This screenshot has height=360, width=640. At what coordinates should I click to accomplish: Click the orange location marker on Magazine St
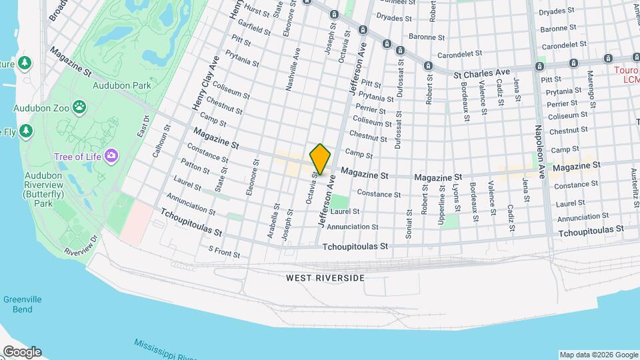[x=321, y=159]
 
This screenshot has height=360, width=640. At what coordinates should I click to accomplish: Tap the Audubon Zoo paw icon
[x=79, y=107]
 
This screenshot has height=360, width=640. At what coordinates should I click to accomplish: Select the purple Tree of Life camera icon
[x=111, y=156]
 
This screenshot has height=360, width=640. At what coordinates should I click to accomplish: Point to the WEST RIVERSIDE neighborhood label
[x=326, y=277]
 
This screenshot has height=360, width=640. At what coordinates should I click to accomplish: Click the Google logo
[x=21, y=352]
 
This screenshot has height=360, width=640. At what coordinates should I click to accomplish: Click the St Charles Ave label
[x=481, y=71]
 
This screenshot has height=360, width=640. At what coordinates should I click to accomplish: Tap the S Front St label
[x=224, y=252]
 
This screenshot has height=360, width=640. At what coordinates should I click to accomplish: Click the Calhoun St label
[x=158, y=139]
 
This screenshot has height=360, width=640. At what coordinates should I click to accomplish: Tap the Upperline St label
[x=441, y=204]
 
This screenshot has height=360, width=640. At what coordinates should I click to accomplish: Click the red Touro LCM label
[x=627, y=74]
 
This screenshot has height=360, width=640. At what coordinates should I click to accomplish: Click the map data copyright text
[x=598, y=355]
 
